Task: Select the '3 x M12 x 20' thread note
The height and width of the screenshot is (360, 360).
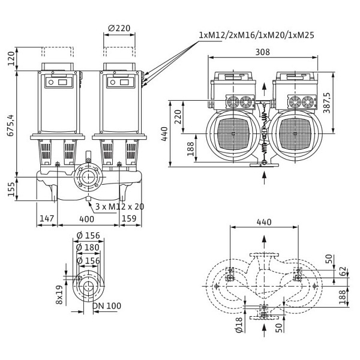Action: [x=119, y=206]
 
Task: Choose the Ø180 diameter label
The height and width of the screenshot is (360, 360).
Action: [x=89, y=248]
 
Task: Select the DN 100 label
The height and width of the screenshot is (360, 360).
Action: [x=107, y=306]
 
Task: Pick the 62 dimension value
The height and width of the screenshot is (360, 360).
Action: [x=343, y=271]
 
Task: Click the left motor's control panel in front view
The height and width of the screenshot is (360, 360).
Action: [x=58, y=81]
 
